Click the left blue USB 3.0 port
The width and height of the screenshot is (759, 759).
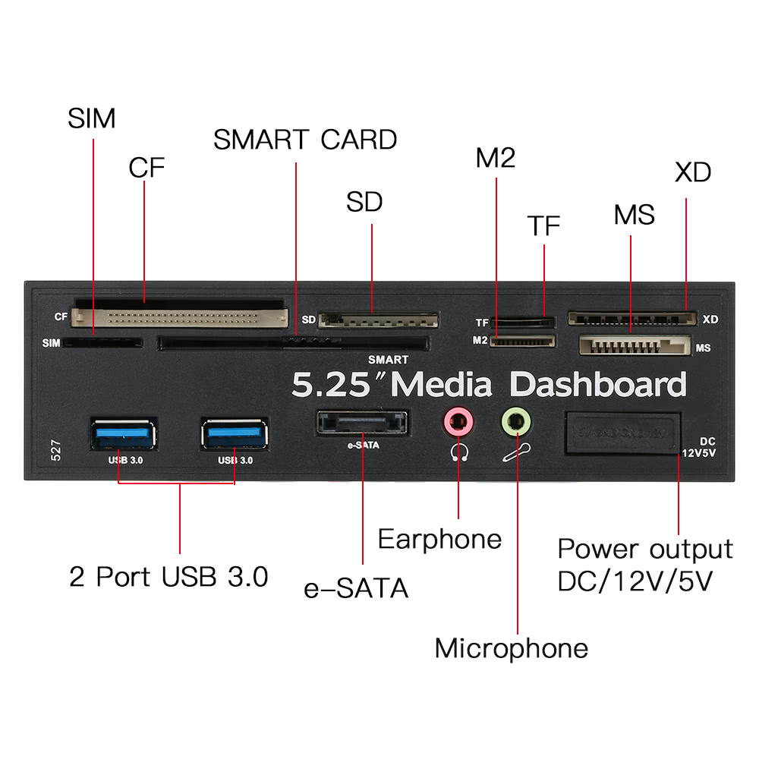[x=122, y=434]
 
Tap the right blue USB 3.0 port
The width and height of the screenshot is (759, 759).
[x=234, y=434]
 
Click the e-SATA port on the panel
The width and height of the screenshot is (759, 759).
[x=363, y=424]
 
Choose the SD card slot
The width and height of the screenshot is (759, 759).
[x=378, y=320]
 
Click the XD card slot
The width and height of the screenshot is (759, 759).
[x=631, y=318]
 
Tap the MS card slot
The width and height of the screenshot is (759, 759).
[x=635, y=346]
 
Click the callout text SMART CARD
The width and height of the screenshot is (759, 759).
[x=305, y=140]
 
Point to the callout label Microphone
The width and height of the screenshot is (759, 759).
[x=511, y=648]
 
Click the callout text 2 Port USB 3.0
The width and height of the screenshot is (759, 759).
[x=168, y=577]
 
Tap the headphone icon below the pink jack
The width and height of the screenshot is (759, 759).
[x=458, y=452]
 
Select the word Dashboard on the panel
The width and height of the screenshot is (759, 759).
[x=598, y=385]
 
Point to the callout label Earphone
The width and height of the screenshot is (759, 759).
[x=439, y=540]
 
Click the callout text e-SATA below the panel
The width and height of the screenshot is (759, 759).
[x=356, y=588]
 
